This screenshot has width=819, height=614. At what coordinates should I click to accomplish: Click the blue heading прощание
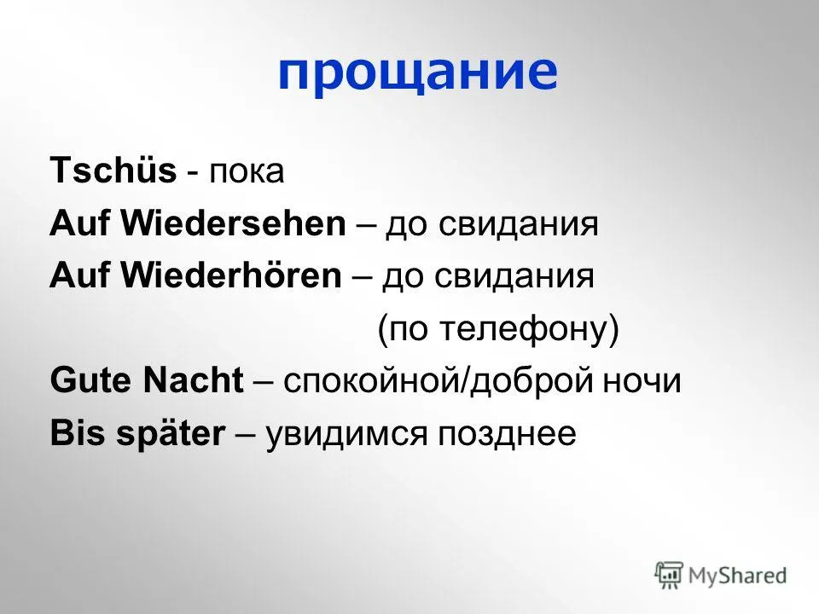pos(418,73)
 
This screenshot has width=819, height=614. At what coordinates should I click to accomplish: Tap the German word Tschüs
pos(113,170)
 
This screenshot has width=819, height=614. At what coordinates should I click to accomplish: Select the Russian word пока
pos(247,171)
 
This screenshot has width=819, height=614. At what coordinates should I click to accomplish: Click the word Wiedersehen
pos(234,223)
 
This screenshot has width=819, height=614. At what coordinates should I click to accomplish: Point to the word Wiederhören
pos(231,275)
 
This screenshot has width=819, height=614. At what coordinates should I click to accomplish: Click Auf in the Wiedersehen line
pos(81,223)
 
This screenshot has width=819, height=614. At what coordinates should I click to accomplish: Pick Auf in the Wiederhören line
pos(81,275)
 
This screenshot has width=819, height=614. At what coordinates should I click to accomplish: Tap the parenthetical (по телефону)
pos(497,329)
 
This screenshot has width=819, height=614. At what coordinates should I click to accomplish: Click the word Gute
pos(92,379)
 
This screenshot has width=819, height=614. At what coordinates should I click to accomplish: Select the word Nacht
pos(194,379)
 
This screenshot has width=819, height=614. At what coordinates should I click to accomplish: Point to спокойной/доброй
pos(439,381)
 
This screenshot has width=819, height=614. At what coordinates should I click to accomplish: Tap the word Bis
pos(78,432)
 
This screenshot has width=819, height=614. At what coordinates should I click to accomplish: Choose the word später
pos(171,434)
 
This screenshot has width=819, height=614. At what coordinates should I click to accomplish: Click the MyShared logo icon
pos(669,575)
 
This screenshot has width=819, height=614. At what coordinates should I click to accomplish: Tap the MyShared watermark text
pos(737,576)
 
